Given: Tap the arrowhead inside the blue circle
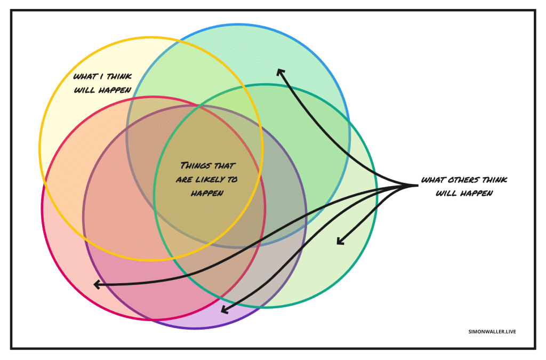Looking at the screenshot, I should click(x=279, y=72).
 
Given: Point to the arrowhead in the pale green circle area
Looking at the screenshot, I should click(x=340, y=242).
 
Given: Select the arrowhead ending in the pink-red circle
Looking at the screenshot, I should click(x=97, y=285).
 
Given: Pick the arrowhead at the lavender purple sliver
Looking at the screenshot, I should click(x=224, y=310).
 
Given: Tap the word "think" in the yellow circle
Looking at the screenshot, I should click(x=117, y=77).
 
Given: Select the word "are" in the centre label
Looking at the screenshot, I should click(x=184, y=180).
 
